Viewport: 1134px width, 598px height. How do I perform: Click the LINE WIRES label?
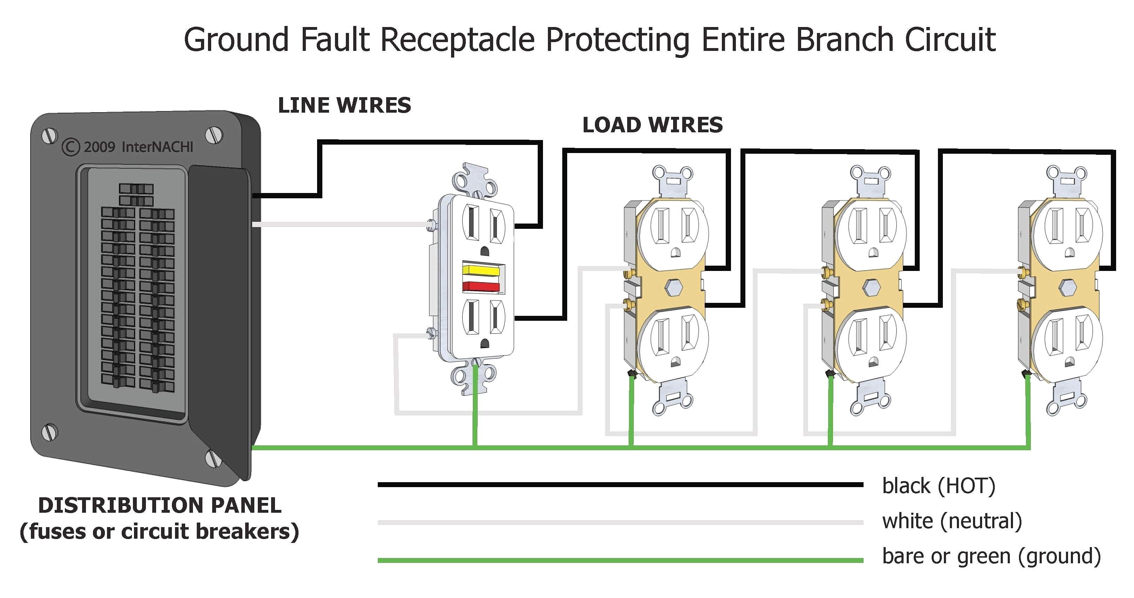(x=344, y=106)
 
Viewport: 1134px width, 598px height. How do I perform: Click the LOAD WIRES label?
(x=652, y=125)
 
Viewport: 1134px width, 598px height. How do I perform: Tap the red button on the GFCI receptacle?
(x=481, y=287)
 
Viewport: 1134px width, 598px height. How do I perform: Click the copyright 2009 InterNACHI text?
(x=128, y=147)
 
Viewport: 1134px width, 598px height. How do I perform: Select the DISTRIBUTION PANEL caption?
(x=159, y=505)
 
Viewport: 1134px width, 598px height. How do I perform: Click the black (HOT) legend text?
(x=939, y=486)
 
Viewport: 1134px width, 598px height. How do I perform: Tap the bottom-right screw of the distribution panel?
(x=214, y=458)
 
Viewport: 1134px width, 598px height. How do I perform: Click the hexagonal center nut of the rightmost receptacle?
(x=1067, y=287)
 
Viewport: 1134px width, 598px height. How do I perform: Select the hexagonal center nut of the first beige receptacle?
(x=674, y=287)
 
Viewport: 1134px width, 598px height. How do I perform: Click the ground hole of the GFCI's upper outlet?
(x=484, y=251)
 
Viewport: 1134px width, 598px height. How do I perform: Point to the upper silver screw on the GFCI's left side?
(x=431, y=225)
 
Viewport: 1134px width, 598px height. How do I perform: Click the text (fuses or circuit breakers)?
(x=159, y=532)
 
